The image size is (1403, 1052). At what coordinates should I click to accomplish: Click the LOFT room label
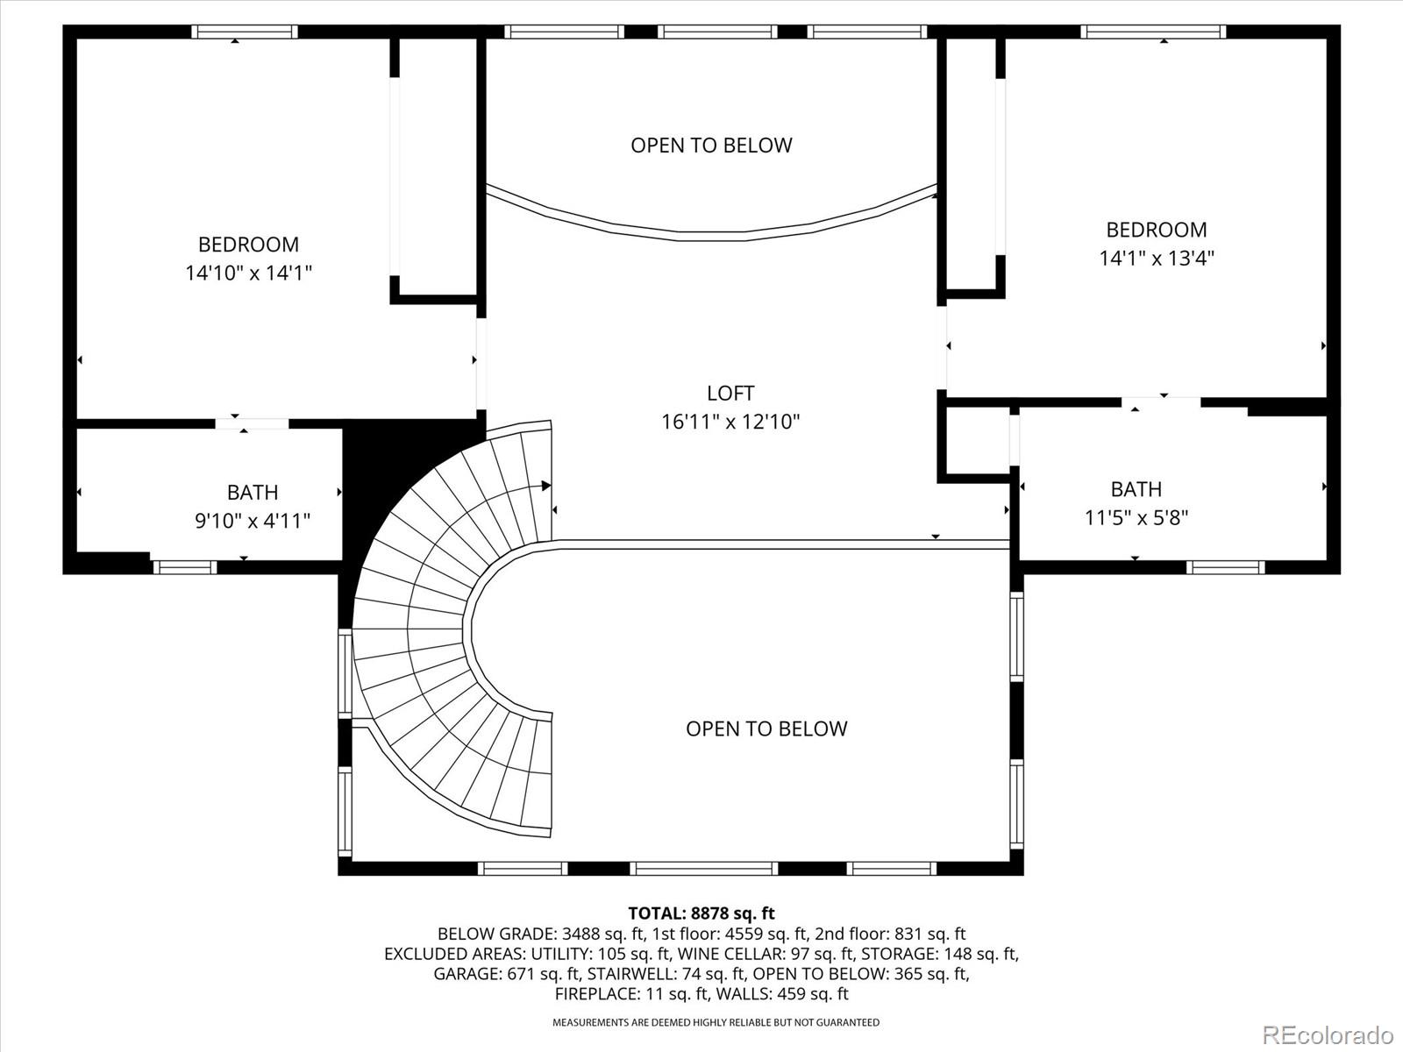[730, 393]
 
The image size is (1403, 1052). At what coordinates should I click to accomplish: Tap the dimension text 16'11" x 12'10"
[730, 422]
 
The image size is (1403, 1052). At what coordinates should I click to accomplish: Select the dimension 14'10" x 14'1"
[249, 274]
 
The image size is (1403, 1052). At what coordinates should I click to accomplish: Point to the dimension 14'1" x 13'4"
[1157, 258]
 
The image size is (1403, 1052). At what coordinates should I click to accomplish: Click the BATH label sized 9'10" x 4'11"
[253, 493]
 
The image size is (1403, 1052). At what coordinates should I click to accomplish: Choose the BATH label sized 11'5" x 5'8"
[1136, 489]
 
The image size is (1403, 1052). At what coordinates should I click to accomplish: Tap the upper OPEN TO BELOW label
[711, 146]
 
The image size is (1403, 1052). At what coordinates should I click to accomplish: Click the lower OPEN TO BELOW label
[766, 729]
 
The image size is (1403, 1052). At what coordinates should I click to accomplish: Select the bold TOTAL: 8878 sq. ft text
[701, 913]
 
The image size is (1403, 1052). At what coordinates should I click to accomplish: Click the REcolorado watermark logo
[1328, 1034]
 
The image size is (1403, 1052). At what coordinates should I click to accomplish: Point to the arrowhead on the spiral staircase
[546, 486]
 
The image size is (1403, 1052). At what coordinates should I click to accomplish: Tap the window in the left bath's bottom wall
[184, 567]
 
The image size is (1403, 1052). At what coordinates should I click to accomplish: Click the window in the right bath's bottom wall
[1225, 567]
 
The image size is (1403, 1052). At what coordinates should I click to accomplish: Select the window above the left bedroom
[245, 32]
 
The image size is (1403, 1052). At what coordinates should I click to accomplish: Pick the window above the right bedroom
[1153, 32]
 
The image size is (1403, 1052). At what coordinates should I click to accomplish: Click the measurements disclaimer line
[716, 1022]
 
